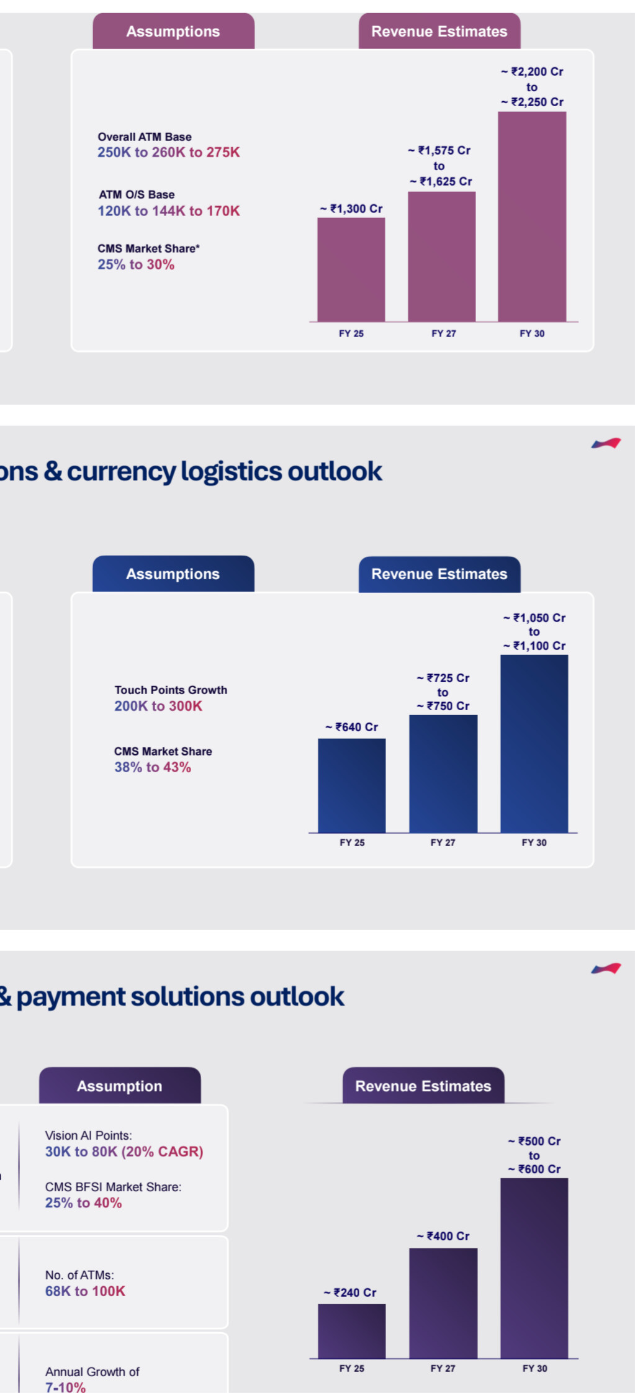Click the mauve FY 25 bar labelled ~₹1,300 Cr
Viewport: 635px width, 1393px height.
coord(351,269)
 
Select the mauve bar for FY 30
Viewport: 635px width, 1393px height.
coord(532,217)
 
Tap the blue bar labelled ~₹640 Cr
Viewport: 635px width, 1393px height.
coord(352,785)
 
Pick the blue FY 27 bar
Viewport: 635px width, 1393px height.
coord(443,773)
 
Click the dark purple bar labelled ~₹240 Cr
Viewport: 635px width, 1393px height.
coord(352,1331)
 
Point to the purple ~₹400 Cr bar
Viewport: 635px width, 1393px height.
coord(443,1303)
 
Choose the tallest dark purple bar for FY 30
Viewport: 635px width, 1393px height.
coord(534,1268)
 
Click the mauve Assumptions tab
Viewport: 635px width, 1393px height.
coord(173,31)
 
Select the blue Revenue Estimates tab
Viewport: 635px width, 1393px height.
coord(439,574)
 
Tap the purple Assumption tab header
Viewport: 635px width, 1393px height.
coord(120,1086)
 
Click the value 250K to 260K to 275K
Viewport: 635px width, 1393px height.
coord(168,152)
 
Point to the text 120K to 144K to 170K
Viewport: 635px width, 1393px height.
coord(168,211)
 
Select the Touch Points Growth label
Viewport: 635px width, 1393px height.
coord(171,690)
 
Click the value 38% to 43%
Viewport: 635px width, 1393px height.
coord(153,767)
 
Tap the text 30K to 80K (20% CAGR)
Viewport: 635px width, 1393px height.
coord(124,1152)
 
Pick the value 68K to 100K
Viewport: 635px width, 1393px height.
coord(85,1291)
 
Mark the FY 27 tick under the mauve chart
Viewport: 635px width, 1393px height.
coord(444,333)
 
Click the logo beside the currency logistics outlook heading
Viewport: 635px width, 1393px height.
coord(606,443)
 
